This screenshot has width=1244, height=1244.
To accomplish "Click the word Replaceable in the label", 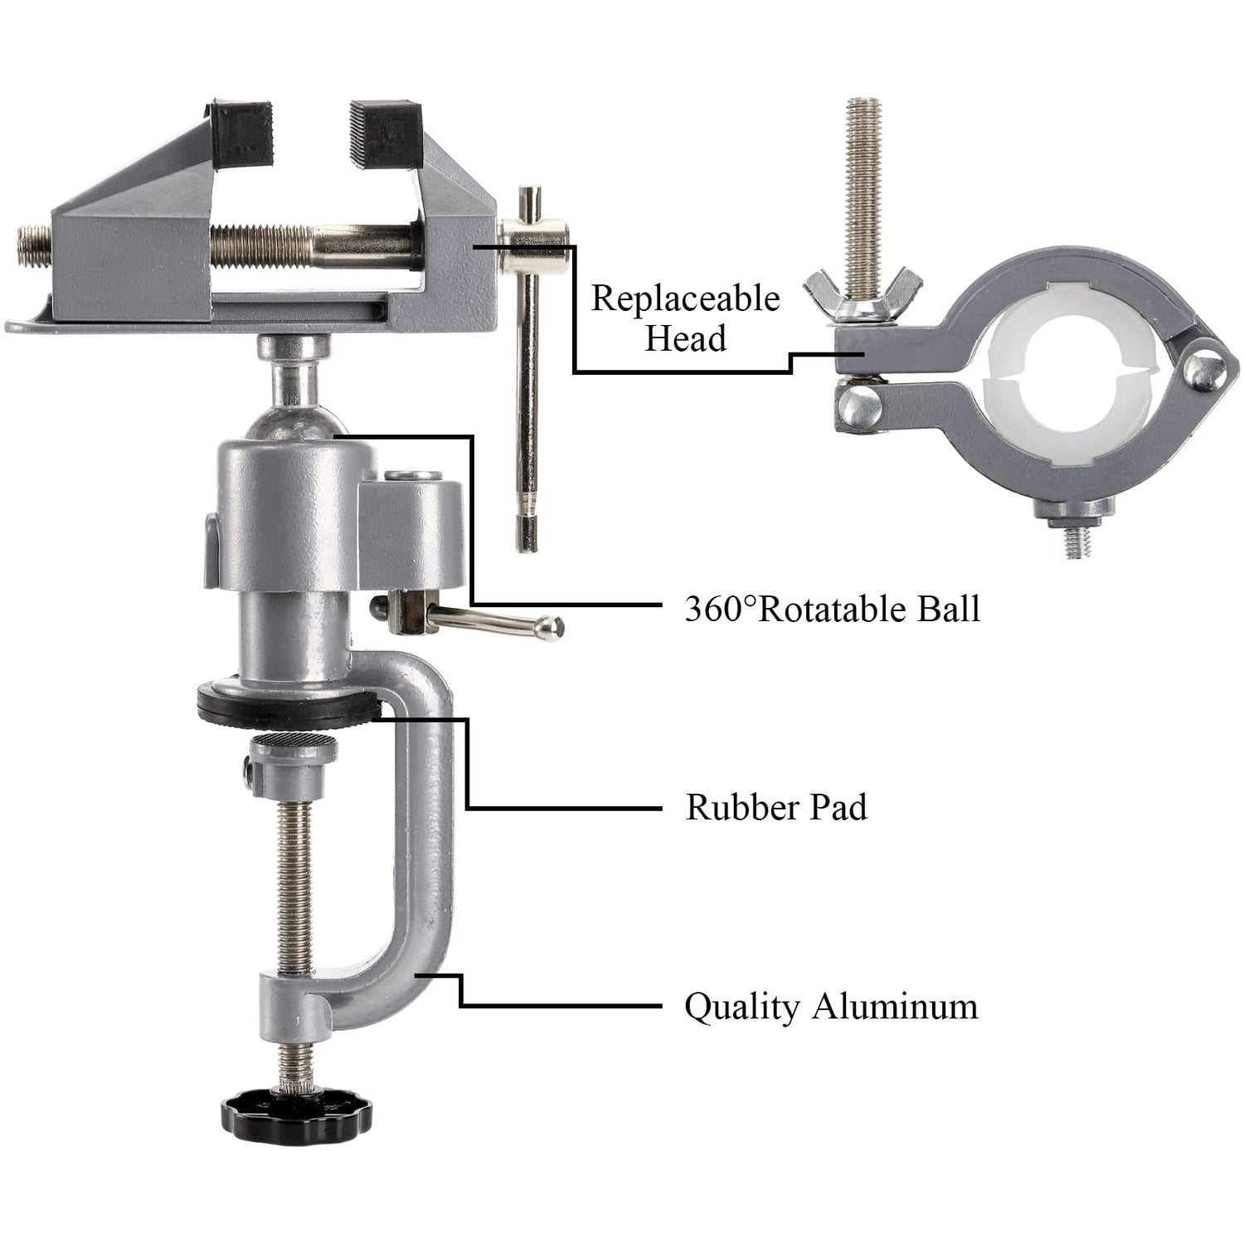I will (x=685, y=299).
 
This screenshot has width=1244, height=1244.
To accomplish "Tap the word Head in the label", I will (x=685, y=339).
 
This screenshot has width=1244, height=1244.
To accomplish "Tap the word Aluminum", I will (x=895, y=1007).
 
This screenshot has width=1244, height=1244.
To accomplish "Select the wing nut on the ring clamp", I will (x=863, y=295).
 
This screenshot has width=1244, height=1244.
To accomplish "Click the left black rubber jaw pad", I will (x=242, y=131).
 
